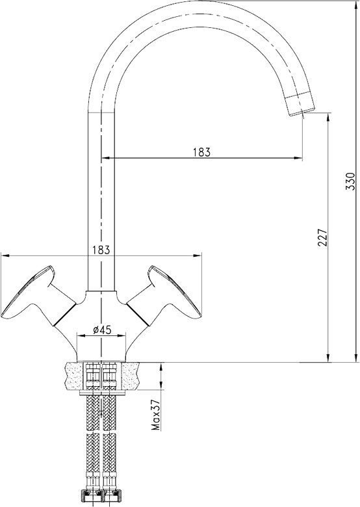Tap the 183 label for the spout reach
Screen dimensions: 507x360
tap(202, 152)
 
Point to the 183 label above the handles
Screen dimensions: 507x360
tap(101, 249)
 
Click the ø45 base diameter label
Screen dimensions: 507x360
tap(102, 330)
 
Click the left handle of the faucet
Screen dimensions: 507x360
tap(32, 291)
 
